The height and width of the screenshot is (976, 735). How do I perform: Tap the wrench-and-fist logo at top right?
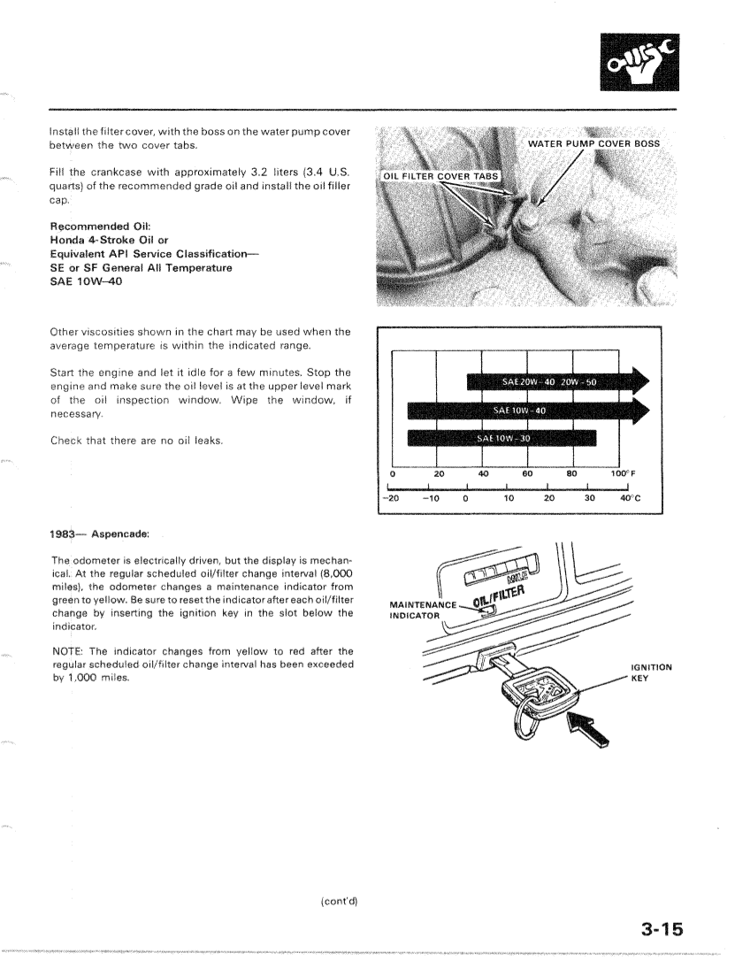click(x=631, y=61)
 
